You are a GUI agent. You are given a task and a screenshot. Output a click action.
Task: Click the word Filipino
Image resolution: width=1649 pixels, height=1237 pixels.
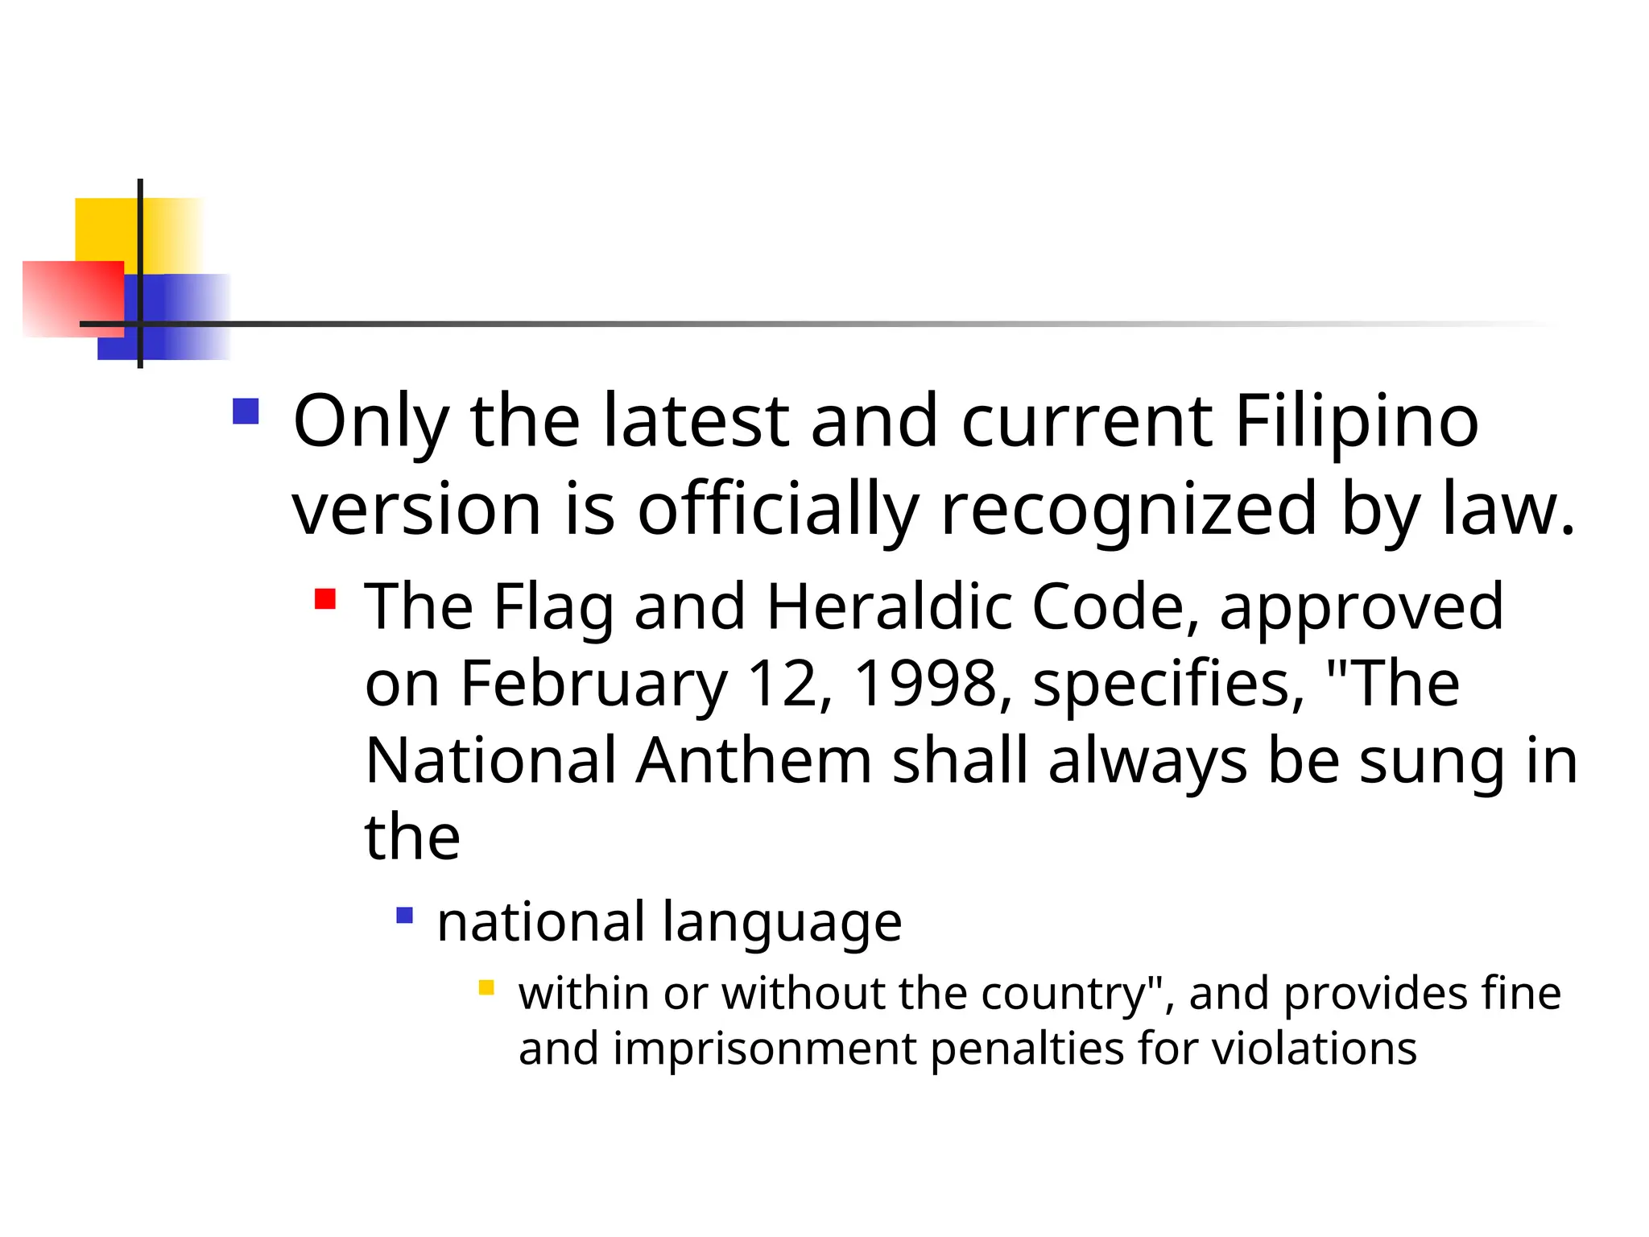coord(1356,422)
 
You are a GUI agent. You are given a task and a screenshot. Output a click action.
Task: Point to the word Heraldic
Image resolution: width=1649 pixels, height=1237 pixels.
coord(888,606)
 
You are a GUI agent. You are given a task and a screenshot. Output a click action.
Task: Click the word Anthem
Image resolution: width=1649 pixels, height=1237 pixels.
coord(754,761)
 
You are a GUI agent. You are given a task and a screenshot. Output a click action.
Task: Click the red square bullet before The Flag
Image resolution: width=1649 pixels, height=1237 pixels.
coord(325,599)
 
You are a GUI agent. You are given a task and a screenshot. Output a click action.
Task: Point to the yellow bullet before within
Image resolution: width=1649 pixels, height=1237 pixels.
coord(486,987)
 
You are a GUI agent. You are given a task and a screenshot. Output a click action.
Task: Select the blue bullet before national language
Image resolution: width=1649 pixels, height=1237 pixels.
coord(405,916)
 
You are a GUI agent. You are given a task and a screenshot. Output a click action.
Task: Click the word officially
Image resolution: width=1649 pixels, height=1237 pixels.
coord(778,510)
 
